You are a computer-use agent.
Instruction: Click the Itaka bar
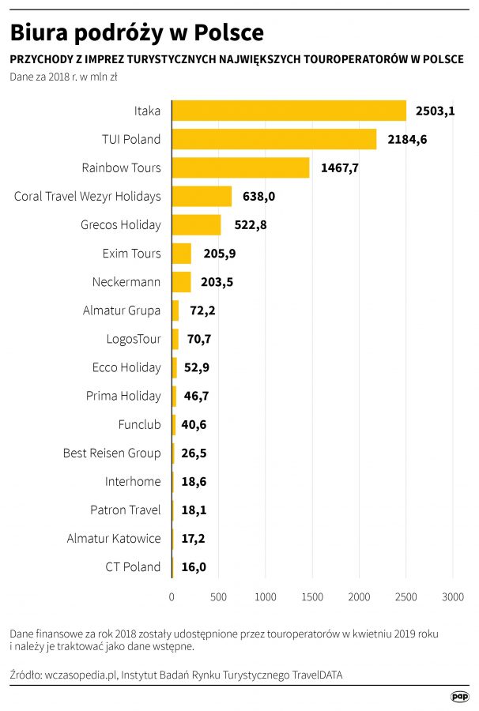pos(289,111)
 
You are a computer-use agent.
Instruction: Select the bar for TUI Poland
pos(274,139)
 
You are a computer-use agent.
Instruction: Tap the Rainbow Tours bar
pos(240,167)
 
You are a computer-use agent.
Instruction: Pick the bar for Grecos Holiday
pos(196,224)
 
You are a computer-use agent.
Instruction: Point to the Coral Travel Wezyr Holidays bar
pos(202,196)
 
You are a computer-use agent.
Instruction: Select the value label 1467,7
pos(340,167)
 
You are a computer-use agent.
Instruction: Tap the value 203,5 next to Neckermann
pos(218,282)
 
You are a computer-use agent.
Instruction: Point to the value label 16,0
pos(194,567)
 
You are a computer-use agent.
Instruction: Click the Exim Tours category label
pos(131,254)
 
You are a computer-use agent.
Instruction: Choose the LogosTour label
pos(134,339)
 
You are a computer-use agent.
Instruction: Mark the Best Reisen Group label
pos(111,453)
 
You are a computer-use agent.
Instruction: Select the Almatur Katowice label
pos(114,539)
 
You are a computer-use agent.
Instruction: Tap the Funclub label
pos(139,424)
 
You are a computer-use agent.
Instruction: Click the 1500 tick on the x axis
pos(312,598)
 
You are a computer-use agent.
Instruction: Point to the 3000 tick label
pos(453,598)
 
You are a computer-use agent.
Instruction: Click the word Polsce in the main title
pos(228,33)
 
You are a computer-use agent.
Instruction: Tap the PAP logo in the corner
pos(460,695)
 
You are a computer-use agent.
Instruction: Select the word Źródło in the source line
pos(26,675)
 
